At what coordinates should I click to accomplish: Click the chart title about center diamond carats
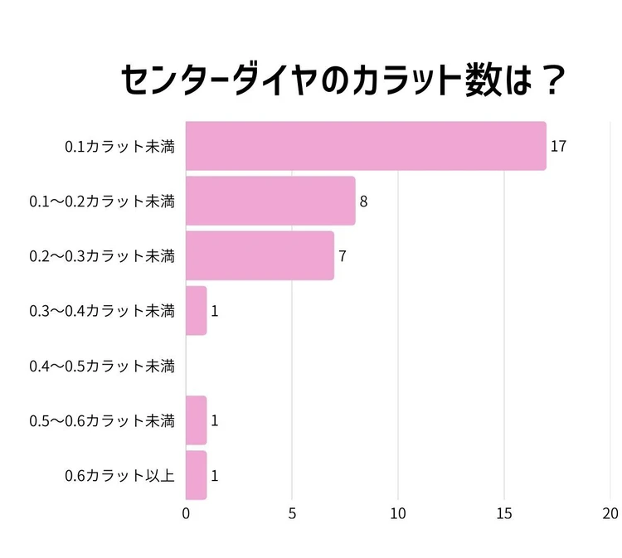click(x=343, y=82)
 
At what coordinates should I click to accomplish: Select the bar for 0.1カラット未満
click(x=366, y=146)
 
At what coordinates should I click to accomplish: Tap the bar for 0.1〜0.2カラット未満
click(x=270, y=201)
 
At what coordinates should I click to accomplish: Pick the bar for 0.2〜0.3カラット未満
click(x=260, y=255)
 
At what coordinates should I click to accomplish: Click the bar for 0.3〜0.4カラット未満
click(x=196, y=311)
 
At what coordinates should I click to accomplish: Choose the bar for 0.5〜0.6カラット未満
click(x=196, y=420)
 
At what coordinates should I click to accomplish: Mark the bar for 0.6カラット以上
click(x=196, y=475)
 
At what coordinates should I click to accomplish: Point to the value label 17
click(x=558, y=147)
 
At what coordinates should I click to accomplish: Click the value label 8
click(x=363, y=201)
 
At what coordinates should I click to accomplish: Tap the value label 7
click(x=342, y=256)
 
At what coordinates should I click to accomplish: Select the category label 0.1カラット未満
click(x=119, y=147)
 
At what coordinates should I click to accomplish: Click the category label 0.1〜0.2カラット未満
click(x=102, y=201)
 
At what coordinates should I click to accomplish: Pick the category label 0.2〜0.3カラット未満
click(x=102, y=256)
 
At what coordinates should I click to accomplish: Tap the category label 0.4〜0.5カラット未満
click(x=102, y=366)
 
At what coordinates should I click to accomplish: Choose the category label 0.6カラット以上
click(x=119, y=476)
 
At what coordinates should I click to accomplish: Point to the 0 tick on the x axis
click(x=186, y=514)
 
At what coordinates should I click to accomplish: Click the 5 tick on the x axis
click(x=292, y=514)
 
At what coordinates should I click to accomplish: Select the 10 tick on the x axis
click(x=398, y=514)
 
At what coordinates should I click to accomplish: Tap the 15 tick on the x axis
click(x=504, y=514)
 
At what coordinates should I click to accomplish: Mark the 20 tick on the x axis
click(x=610, y=514)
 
